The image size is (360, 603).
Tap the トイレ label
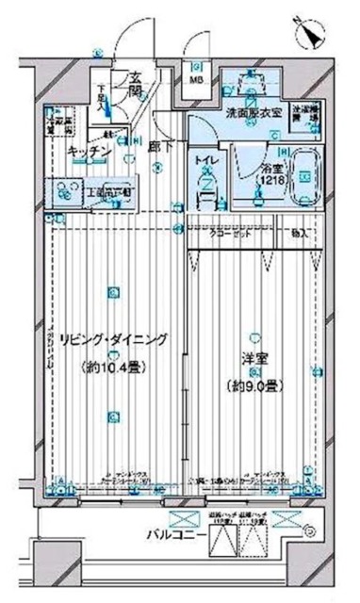205,163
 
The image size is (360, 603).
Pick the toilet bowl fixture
205,195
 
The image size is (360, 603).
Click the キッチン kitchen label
90,152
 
